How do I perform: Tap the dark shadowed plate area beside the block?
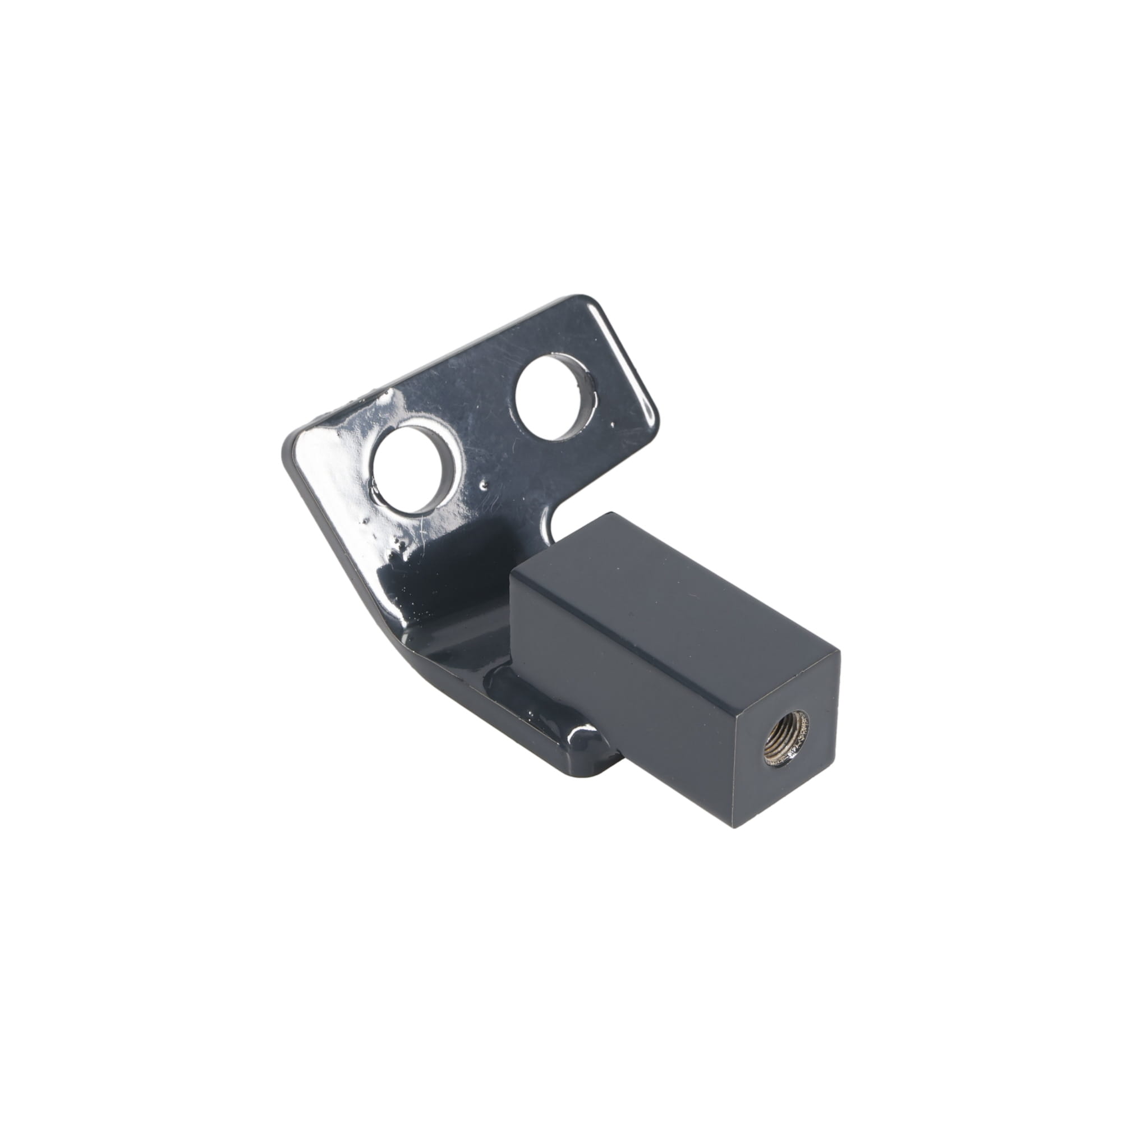pos(465,581)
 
